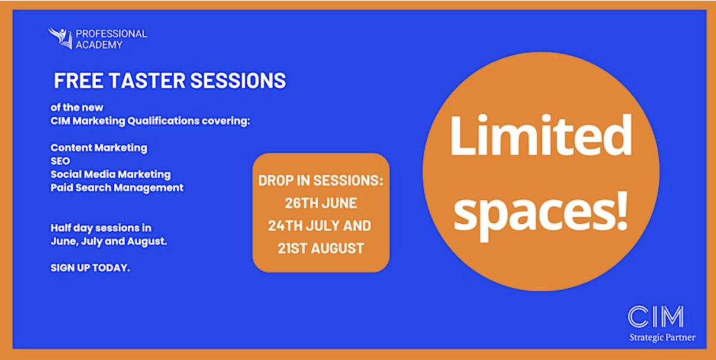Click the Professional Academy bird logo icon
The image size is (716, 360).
point(60,38)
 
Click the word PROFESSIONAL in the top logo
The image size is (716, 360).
point(111,33)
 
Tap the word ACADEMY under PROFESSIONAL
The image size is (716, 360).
point(99,45)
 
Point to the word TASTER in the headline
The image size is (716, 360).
point(147,80)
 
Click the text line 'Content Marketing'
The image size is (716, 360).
point(99,147)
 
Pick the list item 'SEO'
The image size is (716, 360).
point(60,161)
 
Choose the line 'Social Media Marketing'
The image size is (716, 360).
point(110,174)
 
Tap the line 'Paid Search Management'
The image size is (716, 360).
point(117,187)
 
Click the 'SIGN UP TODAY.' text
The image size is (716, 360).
point(90,268)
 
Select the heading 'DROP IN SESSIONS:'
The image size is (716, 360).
point(320,181)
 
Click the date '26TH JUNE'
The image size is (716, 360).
point(321,204)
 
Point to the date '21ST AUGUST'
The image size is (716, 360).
point(321,248)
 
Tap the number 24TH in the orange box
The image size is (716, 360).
point(285,226)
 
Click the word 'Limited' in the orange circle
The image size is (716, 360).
point(541,136)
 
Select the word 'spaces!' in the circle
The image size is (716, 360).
point(541,213)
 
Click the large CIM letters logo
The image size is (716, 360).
point(656,316)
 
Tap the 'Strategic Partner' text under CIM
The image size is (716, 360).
point(662,338)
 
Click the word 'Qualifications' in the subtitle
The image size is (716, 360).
point(163,121)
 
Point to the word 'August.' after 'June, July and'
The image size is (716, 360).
point(147,241)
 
